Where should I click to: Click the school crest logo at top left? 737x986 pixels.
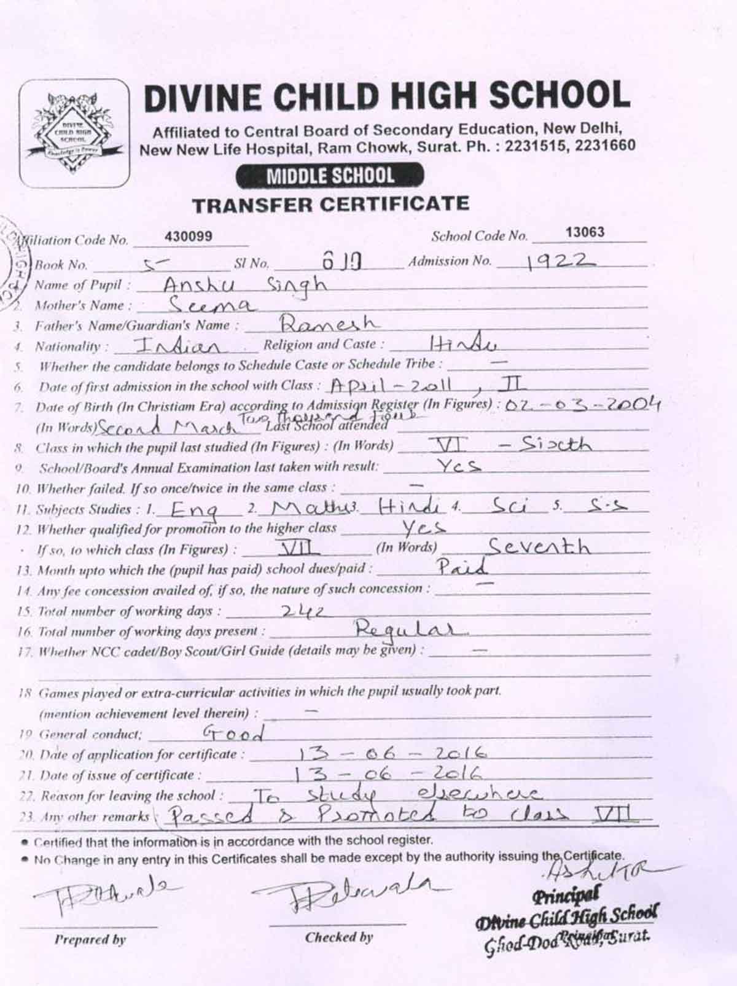(x=74, y=133)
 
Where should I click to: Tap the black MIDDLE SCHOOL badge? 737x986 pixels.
(x=330, y=177)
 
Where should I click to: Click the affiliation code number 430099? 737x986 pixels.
(x=189, y=237)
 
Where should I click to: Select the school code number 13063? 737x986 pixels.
(x=585, y=232)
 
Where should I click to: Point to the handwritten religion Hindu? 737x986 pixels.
(x=464, y=343)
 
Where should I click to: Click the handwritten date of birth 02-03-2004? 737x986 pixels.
(x=582, y=405)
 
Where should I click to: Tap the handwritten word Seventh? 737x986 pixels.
(x=538, y=546)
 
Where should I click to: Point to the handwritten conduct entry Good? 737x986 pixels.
(x=233, y=733)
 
